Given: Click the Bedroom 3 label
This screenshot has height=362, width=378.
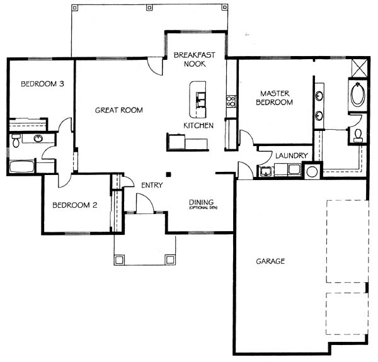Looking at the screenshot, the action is (42, 84).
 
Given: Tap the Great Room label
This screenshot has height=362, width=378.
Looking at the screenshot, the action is (119, 110).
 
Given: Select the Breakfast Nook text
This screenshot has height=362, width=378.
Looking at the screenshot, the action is (195, 59).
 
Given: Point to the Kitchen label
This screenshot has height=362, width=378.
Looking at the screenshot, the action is (198, 125).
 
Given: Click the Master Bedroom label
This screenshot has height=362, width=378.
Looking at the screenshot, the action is (274, 98).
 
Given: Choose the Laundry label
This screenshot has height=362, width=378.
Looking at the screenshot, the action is (292, 156).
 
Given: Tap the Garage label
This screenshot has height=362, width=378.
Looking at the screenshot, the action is (270, 261).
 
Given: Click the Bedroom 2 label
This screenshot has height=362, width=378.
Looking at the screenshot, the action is (75, 205).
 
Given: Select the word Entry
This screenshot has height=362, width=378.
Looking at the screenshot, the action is (152, 185).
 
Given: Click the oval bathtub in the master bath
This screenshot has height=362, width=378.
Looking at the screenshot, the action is (357, 94).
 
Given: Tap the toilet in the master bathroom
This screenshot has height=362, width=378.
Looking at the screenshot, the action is (358, 135).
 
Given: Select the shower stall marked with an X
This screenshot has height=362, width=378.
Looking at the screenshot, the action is (360, 68).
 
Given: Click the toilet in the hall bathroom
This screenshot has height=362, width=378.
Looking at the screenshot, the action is (16, 140).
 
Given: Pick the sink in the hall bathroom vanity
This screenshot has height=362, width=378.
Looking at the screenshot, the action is (38, 139).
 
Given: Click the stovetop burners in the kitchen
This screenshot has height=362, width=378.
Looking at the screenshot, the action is (231, 101).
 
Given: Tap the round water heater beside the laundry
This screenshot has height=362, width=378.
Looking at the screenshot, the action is (312, 172).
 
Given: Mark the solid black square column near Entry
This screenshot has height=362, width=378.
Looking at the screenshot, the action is (168, 174).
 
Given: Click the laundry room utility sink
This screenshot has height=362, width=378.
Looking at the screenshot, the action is (266, 171).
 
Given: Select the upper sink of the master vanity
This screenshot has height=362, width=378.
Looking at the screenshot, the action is (319, 96).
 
